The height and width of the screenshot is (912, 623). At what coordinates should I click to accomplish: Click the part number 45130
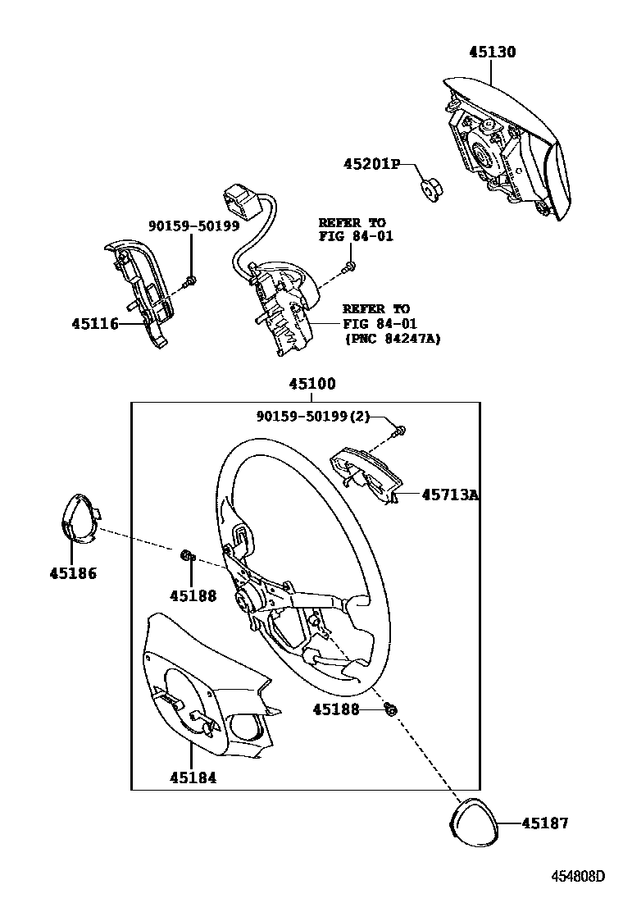coord(493,52)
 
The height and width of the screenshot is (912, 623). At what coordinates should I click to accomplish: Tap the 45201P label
coord(371,165)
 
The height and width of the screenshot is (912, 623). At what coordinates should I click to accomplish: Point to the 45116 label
coord(94,324)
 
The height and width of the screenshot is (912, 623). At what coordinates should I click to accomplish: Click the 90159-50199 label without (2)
coord(193,226)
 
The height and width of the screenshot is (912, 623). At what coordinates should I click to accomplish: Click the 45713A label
coord(450,495)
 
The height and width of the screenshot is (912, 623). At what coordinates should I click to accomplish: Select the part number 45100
coord(311,384)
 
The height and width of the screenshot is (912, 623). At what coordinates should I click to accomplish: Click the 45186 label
coord(72,573)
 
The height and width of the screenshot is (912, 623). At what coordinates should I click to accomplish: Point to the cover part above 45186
coord(80,518)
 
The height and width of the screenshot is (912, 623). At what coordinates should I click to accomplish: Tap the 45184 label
coord(193,777)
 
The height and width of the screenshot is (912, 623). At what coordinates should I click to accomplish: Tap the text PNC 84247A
coord(392,338)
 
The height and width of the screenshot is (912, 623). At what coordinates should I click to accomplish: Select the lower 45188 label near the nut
coord(336,709)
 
